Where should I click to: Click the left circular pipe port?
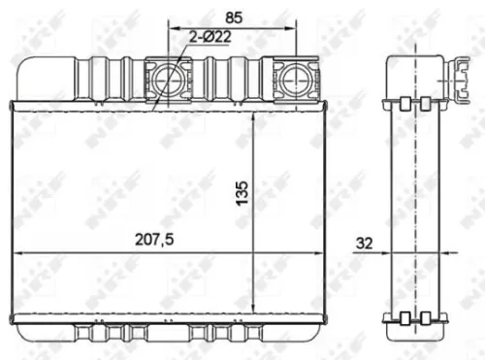point(168,80)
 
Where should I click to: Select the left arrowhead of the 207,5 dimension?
point(16,253)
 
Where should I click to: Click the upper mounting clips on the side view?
point(416,101)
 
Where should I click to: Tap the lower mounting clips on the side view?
point(416,317)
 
